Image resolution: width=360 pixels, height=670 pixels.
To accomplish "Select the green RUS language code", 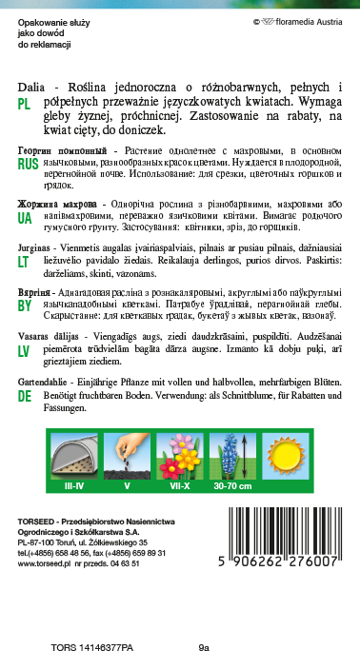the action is pos(28,164).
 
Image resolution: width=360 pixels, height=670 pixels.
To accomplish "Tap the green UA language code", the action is pos(26,217).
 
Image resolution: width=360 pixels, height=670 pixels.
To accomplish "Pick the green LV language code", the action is pos(25,377).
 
